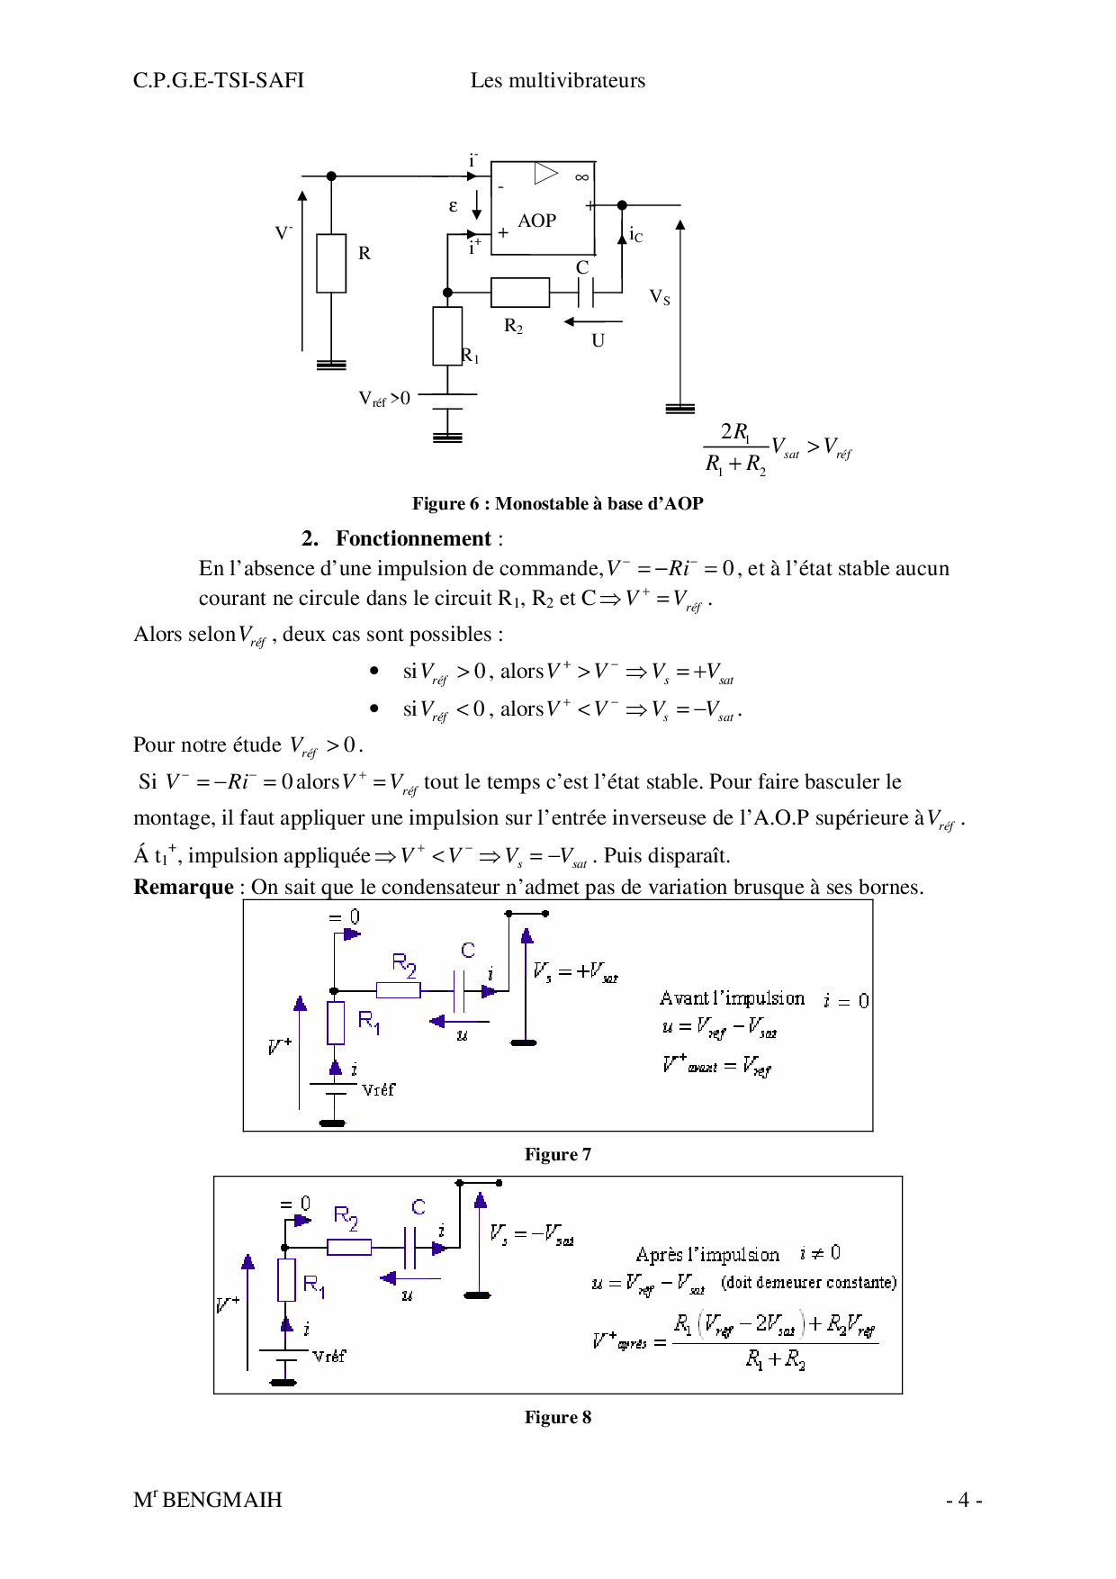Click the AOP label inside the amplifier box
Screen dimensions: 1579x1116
pos(536,221)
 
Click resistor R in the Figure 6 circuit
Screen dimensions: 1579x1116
pos(331,263)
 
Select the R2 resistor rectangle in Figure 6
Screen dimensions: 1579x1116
pos(519,293)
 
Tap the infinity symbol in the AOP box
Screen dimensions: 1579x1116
pos(582,177)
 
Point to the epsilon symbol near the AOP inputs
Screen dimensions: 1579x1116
pos(453,206)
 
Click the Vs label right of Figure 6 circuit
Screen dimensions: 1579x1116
pos(660,296)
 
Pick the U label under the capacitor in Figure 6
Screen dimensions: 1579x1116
pos(598,340)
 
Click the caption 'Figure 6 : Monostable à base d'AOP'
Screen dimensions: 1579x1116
pos(557,503)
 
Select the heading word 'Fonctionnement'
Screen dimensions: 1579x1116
pos(413,538)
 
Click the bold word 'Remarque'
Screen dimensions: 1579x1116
pos(184,887)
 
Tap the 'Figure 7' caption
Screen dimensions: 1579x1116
pos(558,1154)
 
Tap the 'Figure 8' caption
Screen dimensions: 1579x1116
pos(558,1417)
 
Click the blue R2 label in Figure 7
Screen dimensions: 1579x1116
pos(404,965)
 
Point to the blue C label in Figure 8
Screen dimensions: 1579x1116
pos(418,1207)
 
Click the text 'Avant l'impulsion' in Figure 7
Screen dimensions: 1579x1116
pos(732,998)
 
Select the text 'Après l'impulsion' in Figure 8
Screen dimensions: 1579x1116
pos(707,1254)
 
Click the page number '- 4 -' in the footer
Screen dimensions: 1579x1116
pos(963,1500)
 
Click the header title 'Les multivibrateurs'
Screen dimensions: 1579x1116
pos(557,80)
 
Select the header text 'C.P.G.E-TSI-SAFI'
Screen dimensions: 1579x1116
pos(219,80)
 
